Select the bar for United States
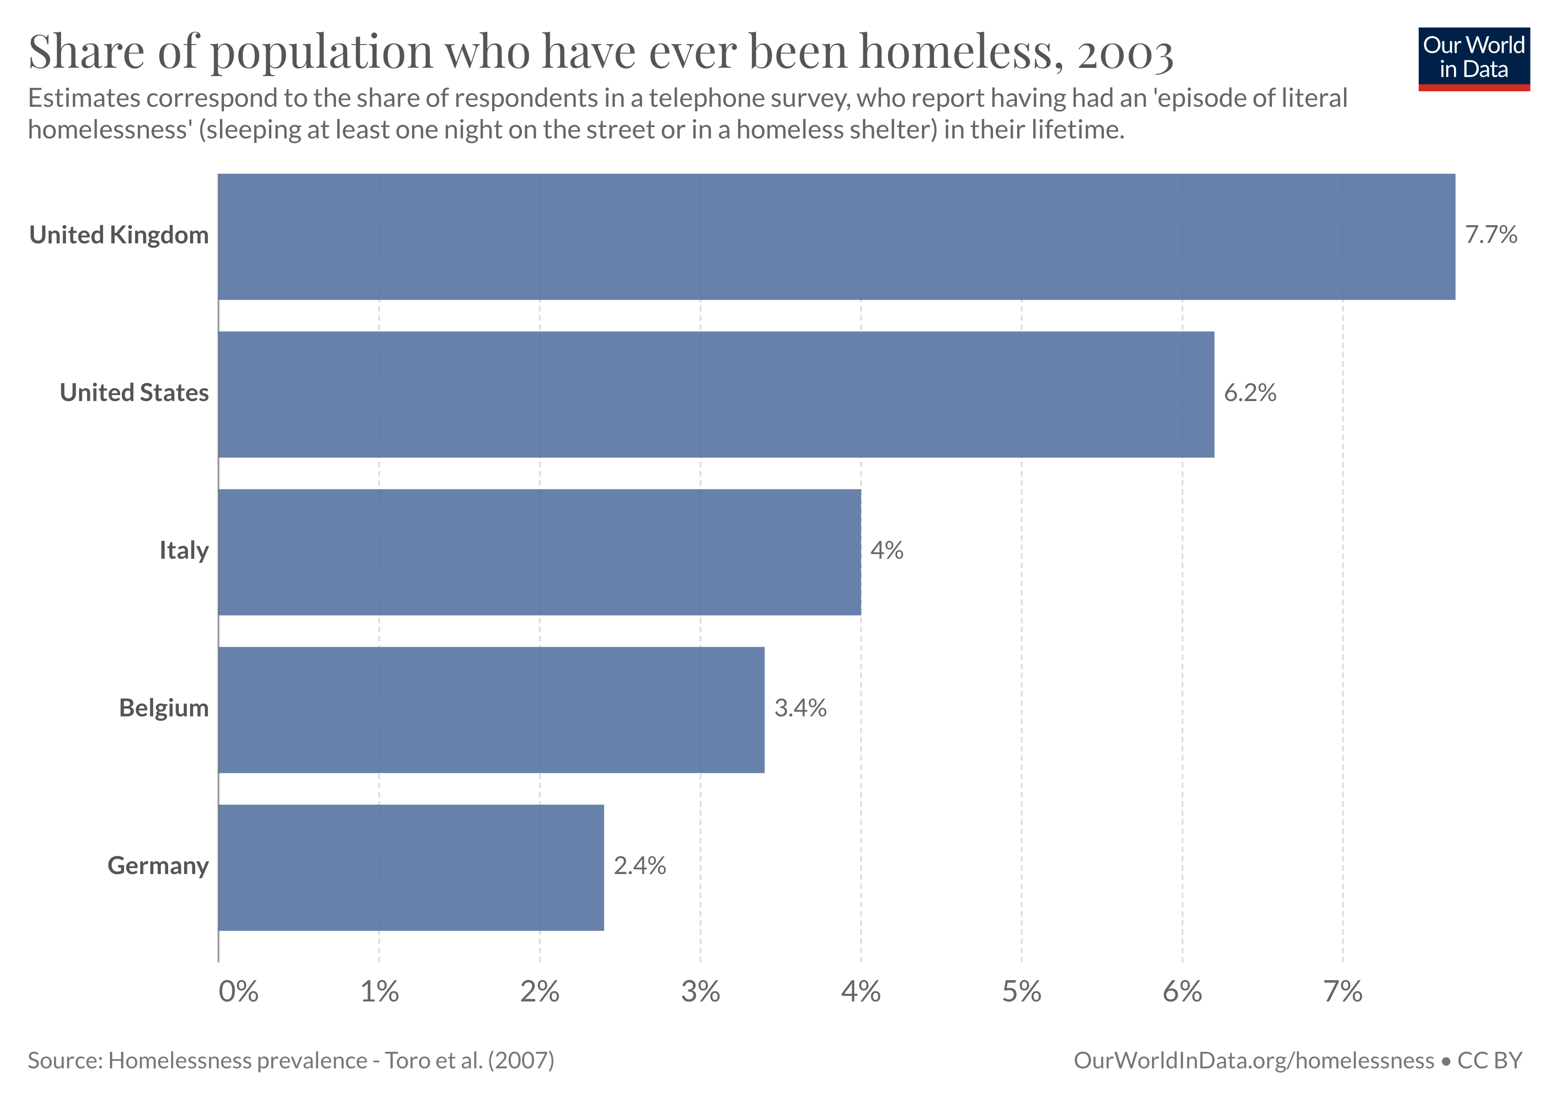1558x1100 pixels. pos(716,394)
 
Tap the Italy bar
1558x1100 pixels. pos(539,552)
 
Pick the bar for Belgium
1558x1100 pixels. pos(491,710)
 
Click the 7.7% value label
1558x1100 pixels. pos(1491,235)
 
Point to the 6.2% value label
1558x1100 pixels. pos(1250,393)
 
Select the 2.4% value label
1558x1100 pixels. pos(639,866)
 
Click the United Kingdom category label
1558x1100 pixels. pos(119,235)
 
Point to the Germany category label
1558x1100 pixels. pos(158,866)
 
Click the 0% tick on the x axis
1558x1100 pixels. pos(238,992)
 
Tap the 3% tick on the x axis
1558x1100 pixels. pos(700,992)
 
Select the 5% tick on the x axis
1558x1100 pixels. pos(1021,992)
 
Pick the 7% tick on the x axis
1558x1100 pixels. pos(1342,992)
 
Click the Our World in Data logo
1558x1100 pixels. pos(1473,58)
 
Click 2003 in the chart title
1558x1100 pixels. pos(1125,53)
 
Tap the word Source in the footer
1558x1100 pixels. pos(64,1061)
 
